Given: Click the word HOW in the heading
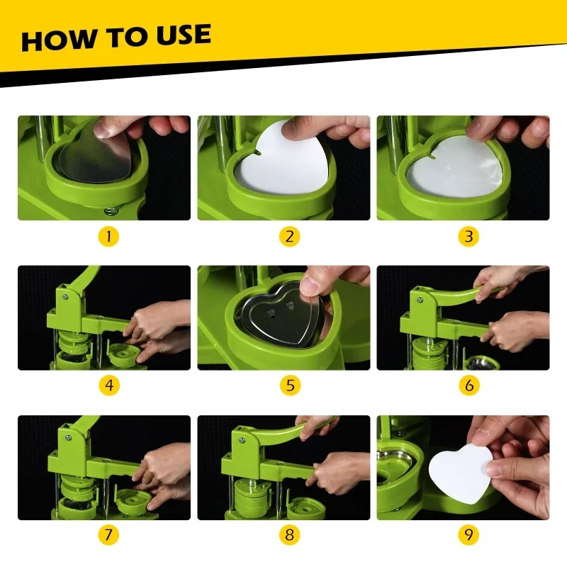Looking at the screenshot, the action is (58, 40).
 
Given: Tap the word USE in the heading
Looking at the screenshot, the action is (184, 35).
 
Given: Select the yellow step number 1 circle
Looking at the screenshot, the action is (108, 237).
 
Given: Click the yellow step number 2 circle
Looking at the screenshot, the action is (289, 237).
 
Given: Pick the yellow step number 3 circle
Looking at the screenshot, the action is (468, 237).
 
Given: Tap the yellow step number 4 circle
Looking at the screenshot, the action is (109, 386).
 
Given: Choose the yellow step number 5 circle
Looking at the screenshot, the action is (290, 386).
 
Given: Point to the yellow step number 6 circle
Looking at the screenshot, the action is (469, 386).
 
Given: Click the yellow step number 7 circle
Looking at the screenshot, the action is (108, 535).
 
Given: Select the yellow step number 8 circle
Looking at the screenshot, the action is (289, 535).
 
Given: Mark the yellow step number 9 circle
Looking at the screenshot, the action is (468, 535).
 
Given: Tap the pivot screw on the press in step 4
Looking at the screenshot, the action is (65, 297).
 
